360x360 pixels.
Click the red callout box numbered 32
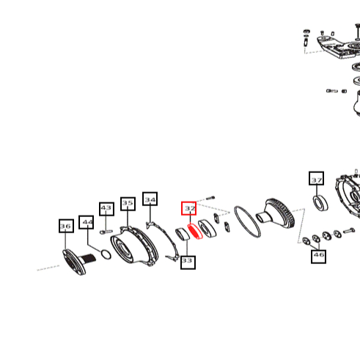(188, 208)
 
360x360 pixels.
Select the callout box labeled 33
(188, 262)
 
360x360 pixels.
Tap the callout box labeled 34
(150, 199)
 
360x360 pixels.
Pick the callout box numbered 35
(128, 204)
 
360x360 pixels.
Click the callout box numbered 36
(66, 226)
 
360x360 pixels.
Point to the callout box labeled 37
(317, 178)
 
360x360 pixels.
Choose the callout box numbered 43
(106, 209)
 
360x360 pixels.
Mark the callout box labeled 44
(86, 222)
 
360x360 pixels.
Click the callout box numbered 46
(318, 257)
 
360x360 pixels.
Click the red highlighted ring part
(195, 231)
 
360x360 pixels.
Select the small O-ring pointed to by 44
(106, 254)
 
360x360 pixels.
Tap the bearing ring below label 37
(320, 202)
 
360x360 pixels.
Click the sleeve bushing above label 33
(183, 234)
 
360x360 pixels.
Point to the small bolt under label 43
(106, 232)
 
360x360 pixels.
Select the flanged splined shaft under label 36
(76, 262)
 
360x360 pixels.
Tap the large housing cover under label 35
(134, 246)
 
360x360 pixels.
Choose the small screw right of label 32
(210, 198)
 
